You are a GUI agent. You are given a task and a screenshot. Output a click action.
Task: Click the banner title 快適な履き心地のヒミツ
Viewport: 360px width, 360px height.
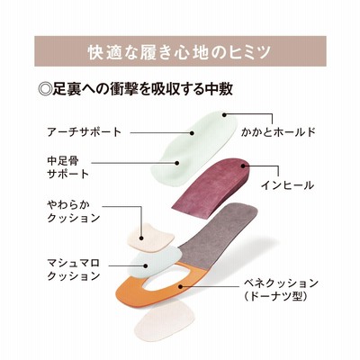180,52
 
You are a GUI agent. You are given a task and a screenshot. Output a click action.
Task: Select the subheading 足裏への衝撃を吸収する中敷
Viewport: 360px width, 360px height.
142,89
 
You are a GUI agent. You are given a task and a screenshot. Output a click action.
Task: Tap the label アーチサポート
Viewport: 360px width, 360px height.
85,132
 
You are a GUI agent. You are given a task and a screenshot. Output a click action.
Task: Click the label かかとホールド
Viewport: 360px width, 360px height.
278,132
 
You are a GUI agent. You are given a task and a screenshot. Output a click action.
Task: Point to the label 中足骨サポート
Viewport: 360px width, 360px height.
68,167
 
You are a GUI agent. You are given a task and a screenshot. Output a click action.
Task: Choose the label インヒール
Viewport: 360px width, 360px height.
287,185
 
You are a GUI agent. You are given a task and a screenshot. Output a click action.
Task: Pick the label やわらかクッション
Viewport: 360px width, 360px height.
74,211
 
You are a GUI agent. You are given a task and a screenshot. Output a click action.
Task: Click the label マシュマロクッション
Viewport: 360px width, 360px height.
74,269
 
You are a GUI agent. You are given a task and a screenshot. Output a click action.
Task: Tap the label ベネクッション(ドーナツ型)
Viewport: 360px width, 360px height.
281,290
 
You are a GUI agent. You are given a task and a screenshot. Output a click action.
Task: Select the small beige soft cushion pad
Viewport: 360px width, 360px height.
150,237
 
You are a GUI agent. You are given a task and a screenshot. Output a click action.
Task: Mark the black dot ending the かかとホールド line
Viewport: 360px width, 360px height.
224,114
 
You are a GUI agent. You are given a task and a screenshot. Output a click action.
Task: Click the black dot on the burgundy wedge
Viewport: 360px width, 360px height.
243,165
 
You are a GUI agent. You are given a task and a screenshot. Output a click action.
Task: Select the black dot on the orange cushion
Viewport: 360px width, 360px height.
179,286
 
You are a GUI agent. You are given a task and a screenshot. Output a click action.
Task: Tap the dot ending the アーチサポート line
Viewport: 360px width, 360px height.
192,132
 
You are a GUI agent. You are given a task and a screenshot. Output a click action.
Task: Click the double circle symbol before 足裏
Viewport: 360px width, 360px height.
45,89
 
